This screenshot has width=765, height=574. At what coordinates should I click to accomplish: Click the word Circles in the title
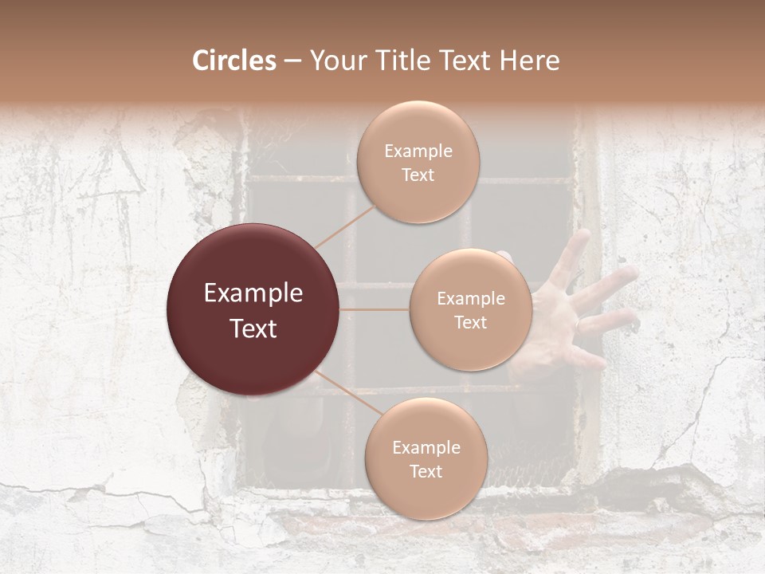click(233, 61)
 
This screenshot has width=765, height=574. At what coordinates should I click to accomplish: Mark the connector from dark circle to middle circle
click(375, 309)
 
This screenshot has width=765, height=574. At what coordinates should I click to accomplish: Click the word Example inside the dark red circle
click(253, 293)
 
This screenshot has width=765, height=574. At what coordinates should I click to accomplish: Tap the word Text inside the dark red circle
click(253, 328)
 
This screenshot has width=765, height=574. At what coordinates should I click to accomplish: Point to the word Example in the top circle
click(418, 151)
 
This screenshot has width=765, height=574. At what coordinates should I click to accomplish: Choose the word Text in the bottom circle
click(426, 471)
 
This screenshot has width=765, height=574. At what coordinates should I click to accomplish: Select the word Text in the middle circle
click(470, 322)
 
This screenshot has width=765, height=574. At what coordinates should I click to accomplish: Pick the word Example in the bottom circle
click(426, 447)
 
